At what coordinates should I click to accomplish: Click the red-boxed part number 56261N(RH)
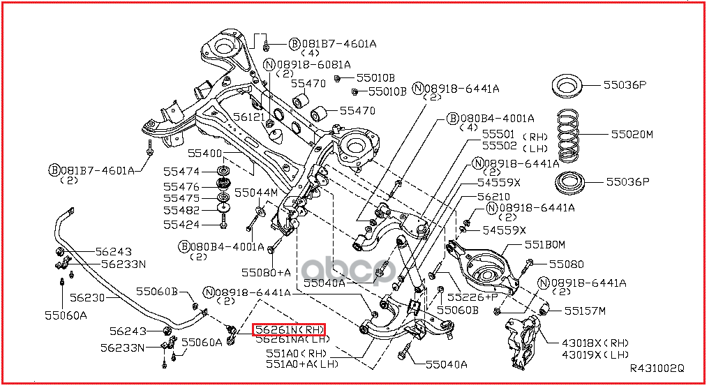tap(289, 329)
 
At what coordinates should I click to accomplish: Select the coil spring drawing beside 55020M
tap(576, 135)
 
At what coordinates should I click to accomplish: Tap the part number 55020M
tap(632, 134)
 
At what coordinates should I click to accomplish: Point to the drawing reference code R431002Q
tap(657, 368)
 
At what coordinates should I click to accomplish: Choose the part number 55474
tap(181, 172)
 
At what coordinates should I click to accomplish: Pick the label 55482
tap(181, 210)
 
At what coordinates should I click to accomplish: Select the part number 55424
tap(181, 225)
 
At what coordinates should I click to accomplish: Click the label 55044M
tap(255, 192)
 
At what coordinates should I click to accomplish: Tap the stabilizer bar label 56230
tap(87, 297)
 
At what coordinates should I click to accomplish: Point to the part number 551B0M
tap(544, 244)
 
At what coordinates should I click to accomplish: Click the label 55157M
tap(585, 311)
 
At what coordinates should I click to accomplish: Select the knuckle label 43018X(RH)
tap(585, 343)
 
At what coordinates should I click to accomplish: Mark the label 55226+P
tap(472, 297)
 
